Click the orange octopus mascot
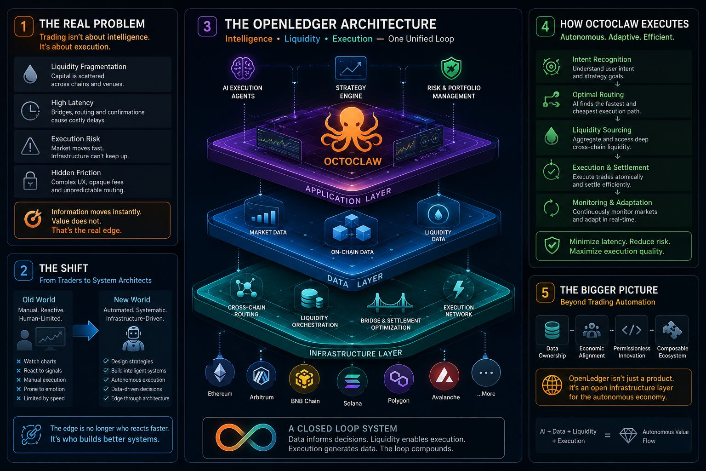(x=352, y=131)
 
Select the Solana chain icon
(x=352, y=381)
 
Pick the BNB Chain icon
(x=304, y=379)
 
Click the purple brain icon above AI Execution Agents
(x=242, y=68)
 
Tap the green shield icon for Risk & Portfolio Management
(x=451, y=68)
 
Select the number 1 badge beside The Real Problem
(x=23, y=26)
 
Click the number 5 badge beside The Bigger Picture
(x=545, y=293)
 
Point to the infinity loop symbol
(x=246, y=437)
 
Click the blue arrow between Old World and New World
(x=85, y=331)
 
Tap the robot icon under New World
(x=133, y=339)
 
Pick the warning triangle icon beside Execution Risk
(x=30, y=146)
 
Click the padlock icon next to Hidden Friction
(x=30, y=180)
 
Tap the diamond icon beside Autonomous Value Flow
(x=628, y=436)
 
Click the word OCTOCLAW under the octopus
(x=353, y=161)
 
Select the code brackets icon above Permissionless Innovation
(x=632, y=330)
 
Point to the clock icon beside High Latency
(x=30, y=111)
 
